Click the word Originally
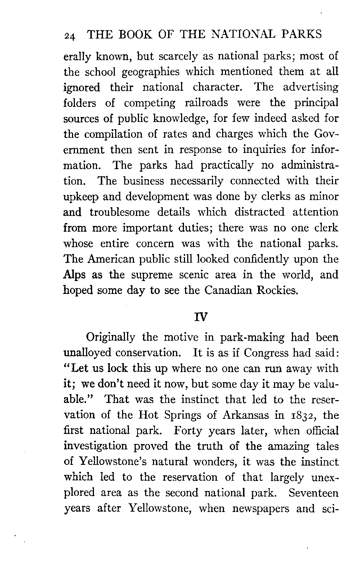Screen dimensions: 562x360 click(111, 338)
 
